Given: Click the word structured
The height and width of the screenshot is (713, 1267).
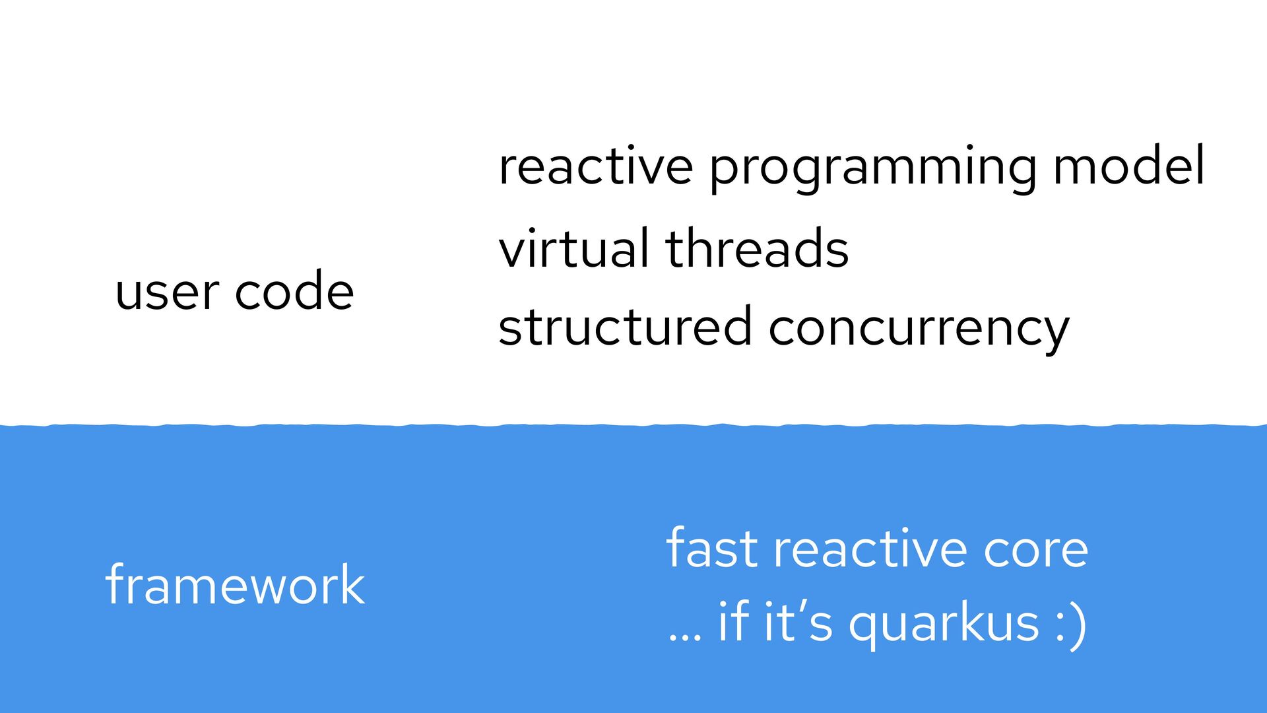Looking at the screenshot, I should coord(624,327).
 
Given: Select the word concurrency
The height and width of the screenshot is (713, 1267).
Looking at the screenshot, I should coord(919,329).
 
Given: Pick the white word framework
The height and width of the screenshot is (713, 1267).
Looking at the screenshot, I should coord(235,585).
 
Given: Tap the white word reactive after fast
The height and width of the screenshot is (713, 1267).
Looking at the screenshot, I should coord(870,549).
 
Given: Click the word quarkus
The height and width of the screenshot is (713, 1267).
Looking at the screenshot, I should coord(944,624).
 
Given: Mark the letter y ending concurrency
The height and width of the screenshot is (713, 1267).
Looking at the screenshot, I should coord(1053,333).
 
